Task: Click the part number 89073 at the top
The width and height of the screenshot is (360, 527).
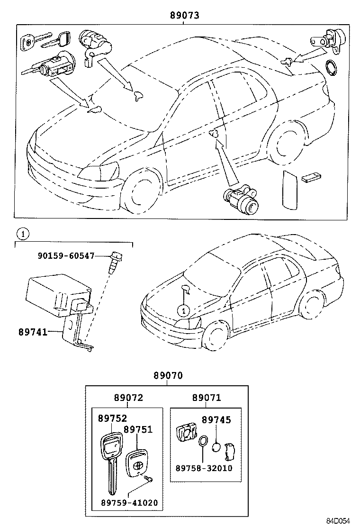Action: (x=184, y=15)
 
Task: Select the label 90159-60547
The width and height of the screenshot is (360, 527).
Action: (x=66, y=256)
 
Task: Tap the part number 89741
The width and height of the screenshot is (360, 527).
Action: (x=33, y=332)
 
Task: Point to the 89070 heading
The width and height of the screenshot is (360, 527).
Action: (x=167, y=375)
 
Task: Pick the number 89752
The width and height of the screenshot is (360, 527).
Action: (x=113, y=418)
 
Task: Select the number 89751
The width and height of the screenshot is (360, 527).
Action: (x=138, y=429)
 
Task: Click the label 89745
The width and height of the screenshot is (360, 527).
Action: (x=216, y=420)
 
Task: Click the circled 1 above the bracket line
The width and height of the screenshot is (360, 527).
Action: (x=22, y=233)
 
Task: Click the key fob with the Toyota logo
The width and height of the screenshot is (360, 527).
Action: (x=136, y=464)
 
